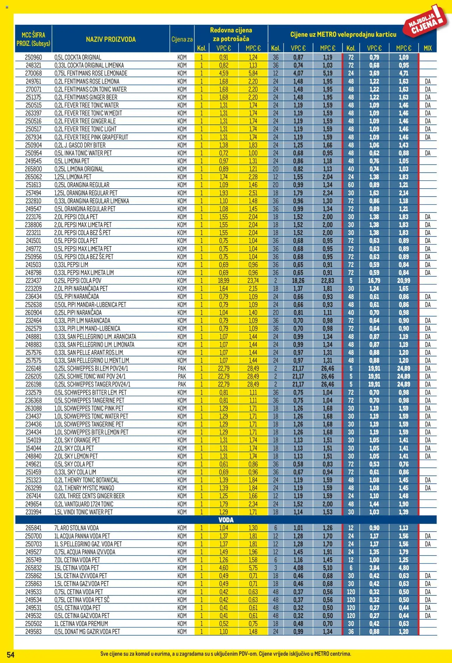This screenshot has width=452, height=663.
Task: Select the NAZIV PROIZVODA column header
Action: point(111,39)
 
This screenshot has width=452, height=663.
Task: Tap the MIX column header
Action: point(427,48)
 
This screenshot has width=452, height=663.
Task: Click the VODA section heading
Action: point(226,520)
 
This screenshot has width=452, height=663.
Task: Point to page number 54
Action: point(10,655)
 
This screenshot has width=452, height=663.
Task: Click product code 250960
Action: point(33,57)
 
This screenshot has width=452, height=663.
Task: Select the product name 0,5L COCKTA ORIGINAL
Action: point(78,57)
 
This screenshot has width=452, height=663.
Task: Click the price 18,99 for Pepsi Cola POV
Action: point(223,280)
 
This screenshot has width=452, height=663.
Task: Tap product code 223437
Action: point(33,280)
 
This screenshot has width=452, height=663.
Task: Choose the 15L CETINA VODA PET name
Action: point(77,568)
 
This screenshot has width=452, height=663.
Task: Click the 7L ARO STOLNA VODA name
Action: point(77,528)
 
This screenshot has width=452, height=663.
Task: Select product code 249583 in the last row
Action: point(33,632)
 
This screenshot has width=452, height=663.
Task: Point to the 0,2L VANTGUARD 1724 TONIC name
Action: point(84,504)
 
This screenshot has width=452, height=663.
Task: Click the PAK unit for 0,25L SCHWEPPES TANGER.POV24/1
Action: point(182,384)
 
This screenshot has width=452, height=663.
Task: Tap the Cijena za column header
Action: point(182,39)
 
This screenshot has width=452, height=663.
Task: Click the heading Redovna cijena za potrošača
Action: point(231,34)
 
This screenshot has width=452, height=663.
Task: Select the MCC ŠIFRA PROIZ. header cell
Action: point(33,39)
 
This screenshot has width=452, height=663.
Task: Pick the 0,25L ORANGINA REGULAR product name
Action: point(82,185)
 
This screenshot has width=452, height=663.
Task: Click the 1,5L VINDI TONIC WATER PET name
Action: point(83,512)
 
